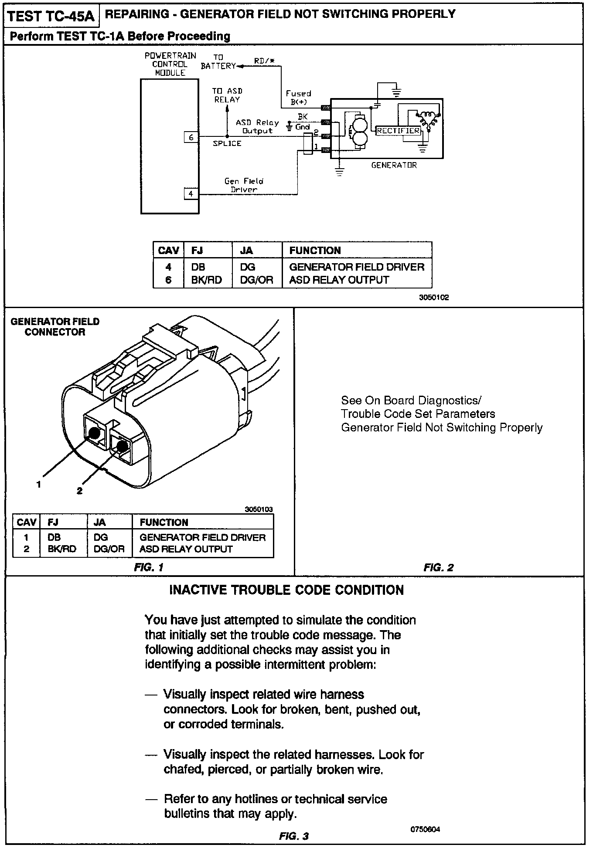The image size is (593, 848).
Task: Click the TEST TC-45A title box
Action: coord(51,16)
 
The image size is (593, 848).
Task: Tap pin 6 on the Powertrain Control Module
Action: coord(191,137)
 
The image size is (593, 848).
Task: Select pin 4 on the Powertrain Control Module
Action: coord(191,193)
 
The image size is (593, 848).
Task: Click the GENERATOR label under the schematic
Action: coord(394,165)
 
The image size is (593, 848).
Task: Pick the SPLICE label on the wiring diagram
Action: coord(227,143)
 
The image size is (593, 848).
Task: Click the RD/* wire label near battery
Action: coord(264,61)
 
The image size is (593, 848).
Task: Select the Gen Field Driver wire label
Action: coord(244,185)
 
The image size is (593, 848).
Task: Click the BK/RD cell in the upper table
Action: coord(206,280)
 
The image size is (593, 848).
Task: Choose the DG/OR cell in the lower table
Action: coord(109,549)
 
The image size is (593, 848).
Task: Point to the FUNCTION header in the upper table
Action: coord(315,251)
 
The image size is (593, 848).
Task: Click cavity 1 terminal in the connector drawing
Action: coord(93,433)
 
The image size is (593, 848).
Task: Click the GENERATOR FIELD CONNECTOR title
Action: coord(55,327)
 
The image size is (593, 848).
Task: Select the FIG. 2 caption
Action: coord(439,567)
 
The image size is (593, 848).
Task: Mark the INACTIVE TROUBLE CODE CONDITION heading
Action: coord(286,590)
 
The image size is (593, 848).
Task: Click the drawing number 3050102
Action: coord(434,298)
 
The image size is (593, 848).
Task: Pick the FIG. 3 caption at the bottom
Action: coord(294,836)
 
